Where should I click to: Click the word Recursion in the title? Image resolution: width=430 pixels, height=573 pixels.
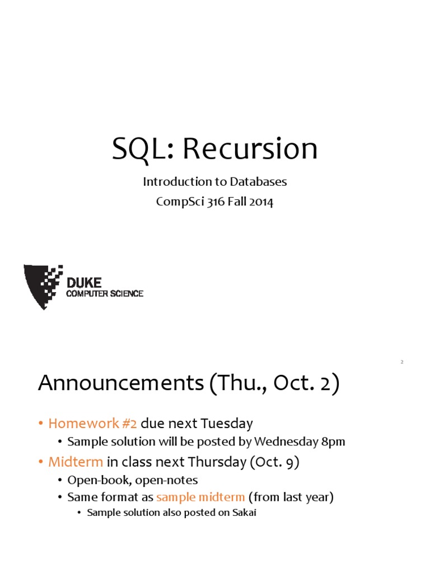(x=250, y=148)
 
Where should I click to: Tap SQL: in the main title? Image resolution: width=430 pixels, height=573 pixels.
(x=143, y=149)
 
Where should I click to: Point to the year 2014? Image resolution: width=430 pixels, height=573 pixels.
(x=261, y=201)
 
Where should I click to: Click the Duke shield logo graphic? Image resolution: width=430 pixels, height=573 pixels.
(x=43, y=286)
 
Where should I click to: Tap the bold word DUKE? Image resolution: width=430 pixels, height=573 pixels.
(x=84, y=283)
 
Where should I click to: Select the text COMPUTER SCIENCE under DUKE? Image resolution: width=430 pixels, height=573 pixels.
(x=105, y=293)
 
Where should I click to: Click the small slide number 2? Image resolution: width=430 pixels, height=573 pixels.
(x=402, y=362)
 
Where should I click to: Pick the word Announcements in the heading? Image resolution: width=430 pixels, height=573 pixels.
(x=121, y=383)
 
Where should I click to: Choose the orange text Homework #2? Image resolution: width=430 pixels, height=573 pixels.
(x=92, y=423)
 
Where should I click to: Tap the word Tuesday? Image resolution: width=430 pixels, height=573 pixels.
(x=227, y=424)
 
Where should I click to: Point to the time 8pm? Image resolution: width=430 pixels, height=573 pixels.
(x=333, y=442)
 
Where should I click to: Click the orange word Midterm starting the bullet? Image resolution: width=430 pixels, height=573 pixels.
(x=76, y=462)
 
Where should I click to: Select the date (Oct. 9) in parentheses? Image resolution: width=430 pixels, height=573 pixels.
(x=274, y=462)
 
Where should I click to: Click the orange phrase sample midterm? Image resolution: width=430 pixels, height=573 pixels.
(x=200, y=497)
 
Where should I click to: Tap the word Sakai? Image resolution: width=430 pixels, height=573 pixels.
(x=244, y=513)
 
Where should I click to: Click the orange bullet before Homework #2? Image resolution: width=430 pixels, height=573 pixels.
(x=41, y=424)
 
